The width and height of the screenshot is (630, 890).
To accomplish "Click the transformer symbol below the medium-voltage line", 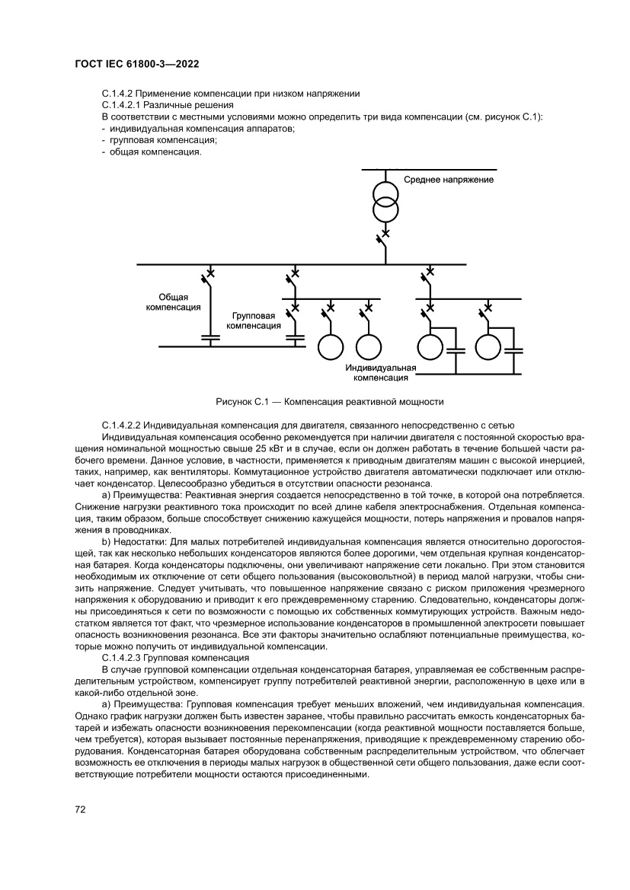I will coord(385,197).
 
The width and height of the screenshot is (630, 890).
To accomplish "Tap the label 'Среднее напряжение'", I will coord(449,180).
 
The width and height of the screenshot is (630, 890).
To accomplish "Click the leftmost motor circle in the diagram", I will coord(330,347).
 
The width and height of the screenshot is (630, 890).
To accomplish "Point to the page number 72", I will coord(79,809).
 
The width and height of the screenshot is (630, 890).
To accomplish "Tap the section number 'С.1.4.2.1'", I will coord(124,104).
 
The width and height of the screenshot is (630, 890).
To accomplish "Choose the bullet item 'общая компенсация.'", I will coord(155,152).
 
